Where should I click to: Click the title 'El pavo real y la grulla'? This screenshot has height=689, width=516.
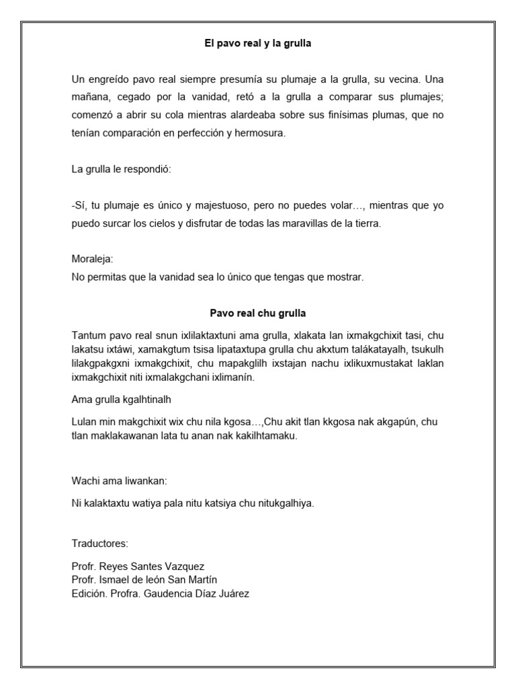[258, 44]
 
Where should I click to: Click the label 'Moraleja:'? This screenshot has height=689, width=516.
[92, 259]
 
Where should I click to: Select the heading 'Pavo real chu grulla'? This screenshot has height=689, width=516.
[258, 313]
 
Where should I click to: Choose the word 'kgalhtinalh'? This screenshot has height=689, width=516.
[146, 400]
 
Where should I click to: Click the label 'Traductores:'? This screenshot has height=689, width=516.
[99, 543]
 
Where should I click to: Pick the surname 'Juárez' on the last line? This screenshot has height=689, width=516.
[233, 593]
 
